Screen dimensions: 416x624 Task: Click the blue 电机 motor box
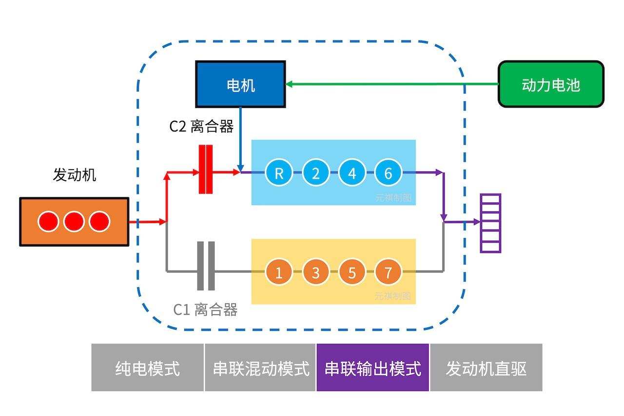[x=240, y=84]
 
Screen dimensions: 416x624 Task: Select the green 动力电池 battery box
[x=551, y=84]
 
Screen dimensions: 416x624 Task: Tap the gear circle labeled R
[x=279, y=172]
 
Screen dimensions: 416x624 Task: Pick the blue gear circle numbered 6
[x=388, y=172]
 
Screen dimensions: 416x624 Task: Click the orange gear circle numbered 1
[x=279, y=272]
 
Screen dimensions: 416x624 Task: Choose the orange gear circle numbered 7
[x=388, y=272]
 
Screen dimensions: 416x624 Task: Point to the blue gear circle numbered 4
[x=352, y=172]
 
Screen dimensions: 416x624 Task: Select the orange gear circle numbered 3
[x=315, y=272]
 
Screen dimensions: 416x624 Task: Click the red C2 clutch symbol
[x=206, y=169]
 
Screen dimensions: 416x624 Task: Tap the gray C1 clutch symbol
[x=206, y=266]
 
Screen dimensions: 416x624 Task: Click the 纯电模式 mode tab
[x=147, y=368]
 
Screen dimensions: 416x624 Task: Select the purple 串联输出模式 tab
[x=373, y=368]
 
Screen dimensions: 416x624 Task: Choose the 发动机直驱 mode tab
[x=486, y=368]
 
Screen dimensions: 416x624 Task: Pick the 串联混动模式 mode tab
[x=260, y=368]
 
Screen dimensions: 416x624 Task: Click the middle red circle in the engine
[x=74, y=222]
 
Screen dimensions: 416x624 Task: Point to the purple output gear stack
[x=490, y=223]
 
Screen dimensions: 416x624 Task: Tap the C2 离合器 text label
[x=201, y=127]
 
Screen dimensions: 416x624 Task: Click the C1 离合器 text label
[x=205, y=310]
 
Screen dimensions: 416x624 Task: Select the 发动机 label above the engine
[x=74, y=175]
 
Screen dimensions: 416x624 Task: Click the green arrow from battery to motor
[x=390, y=84]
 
